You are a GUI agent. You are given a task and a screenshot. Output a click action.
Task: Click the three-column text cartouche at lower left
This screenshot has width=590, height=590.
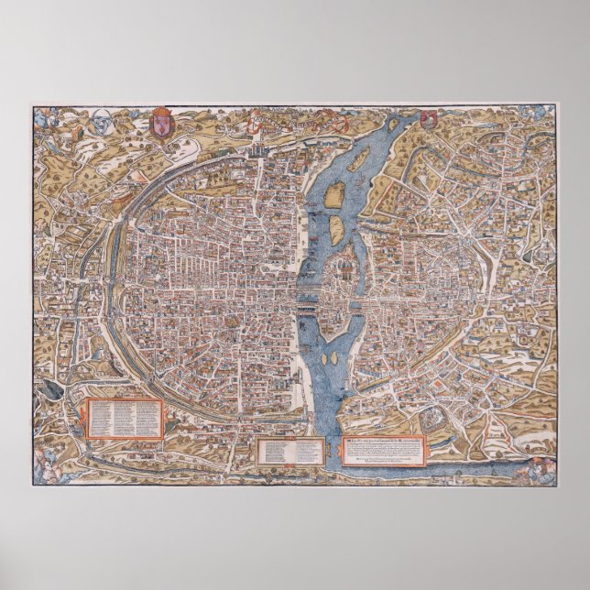click(124, 419)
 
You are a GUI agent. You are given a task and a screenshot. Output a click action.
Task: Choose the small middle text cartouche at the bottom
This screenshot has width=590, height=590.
click(289, 450)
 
